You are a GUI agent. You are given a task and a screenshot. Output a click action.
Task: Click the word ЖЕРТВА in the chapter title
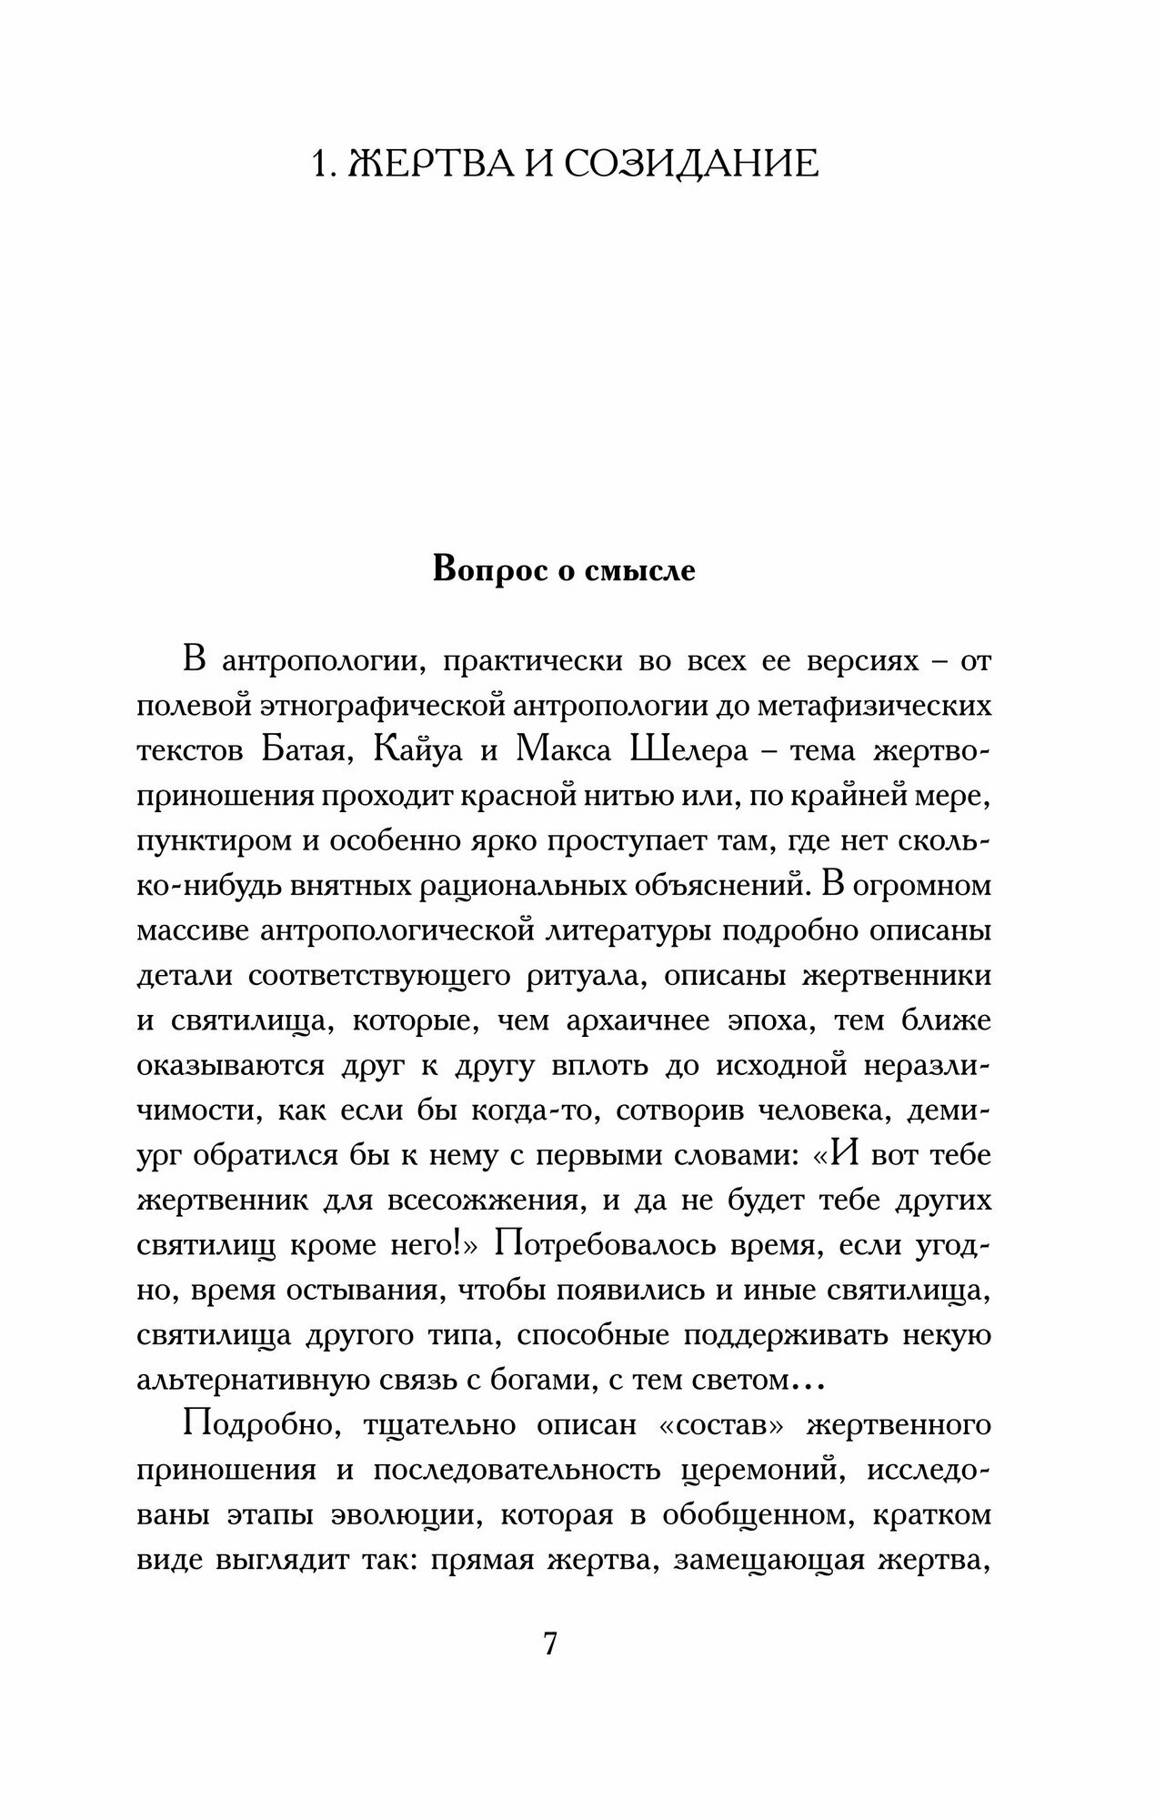coord(436,164)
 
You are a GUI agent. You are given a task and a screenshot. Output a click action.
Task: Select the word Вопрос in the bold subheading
coord(492,569)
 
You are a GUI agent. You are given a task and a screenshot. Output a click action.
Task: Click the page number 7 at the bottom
coord(549,1644)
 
